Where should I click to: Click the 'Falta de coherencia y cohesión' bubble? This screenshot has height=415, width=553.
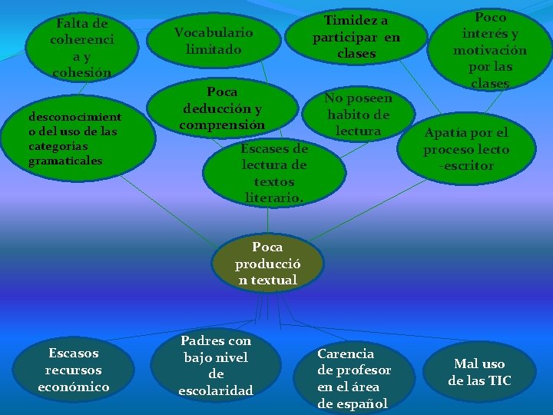pos(81,48)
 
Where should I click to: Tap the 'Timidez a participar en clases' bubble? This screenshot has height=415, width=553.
pos(356,37)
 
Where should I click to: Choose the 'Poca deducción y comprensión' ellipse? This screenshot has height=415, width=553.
pos(222,108)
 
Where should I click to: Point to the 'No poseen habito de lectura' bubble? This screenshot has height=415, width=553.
pos(358,115)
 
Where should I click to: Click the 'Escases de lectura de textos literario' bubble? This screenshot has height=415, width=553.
pos(274,173)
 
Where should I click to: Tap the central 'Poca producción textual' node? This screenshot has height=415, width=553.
pos(267,264)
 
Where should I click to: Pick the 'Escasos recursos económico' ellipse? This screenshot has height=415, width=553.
pos(74,370)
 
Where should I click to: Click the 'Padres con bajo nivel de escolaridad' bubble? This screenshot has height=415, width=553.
pos(216,366)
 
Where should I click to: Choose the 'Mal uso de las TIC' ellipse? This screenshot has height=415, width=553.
pos(479,372)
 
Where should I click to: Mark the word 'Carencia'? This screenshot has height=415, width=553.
pos(346,354)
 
